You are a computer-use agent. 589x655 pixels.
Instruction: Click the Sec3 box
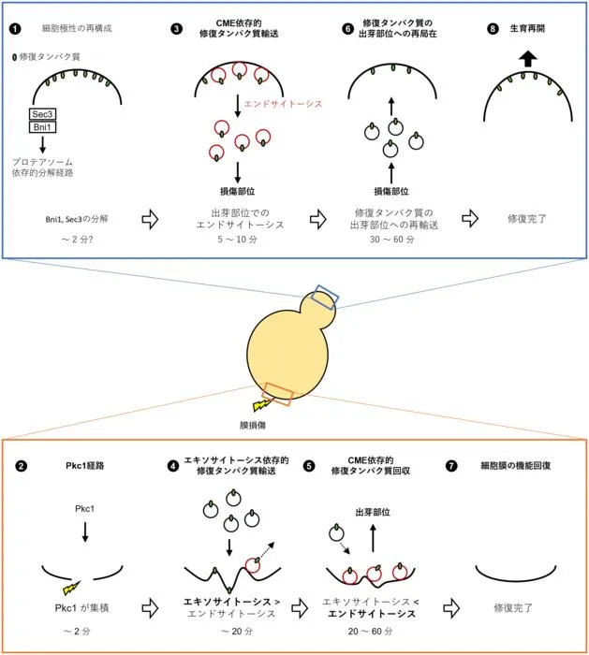click(x=43, y=114)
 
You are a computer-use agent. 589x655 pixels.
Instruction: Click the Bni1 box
click(x=43, y=127)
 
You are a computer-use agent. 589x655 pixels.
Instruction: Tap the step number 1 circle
click(x=15, y=29)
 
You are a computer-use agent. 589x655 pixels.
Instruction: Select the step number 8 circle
click(x=493, y=29)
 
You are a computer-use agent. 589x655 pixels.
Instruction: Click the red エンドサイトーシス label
click(x=283, y=104)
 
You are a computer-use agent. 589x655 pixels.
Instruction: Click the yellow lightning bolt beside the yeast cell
click(x=264, y=404)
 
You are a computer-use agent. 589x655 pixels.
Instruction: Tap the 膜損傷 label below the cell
click(x=253, y=425)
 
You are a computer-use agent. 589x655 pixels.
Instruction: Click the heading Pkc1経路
click(x=85, y=465)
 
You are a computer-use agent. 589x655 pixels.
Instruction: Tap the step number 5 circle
click(x=309, y=466)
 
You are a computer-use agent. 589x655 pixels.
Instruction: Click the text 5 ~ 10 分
click(x=238, y=240)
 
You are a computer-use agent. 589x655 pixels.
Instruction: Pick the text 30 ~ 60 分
click(x=391, y=240)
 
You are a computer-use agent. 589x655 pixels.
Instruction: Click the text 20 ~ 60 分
click(x=371, y=631)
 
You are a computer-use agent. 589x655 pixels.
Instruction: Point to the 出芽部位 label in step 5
click(x=373, y=512)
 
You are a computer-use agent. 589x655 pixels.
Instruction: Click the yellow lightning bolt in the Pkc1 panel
click(x=72, y=588)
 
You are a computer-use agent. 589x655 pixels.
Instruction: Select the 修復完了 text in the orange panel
click(x=513, y=608)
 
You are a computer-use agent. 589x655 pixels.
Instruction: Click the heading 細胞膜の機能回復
click(x=515, y=465)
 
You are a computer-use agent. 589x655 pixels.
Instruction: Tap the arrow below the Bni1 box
click(x=42, y=144)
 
